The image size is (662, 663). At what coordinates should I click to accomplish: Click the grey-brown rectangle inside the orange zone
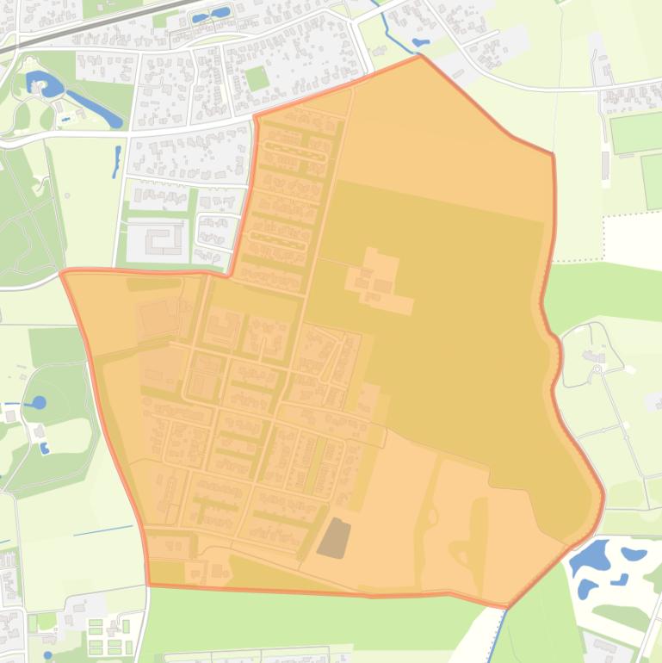tap(334, 537)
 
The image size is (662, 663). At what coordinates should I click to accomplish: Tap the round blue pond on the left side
tap(39, 402)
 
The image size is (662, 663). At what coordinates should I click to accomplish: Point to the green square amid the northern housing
tap(256, 78)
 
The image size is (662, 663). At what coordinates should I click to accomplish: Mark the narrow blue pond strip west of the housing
tap(116, 161)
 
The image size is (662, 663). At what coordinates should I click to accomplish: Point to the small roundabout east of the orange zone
tap(597, 369)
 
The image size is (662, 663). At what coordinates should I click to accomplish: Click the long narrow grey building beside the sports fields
tap(606, 166)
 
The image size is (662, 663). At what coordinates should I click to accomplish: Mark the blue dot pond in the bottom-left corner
tap(47, 655)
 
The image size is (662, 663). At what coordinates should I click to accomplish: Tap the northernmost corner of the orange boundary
tap(420, 56)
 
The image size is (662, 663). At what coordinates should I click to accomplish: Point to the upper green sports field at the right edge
tap(635, 133)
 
